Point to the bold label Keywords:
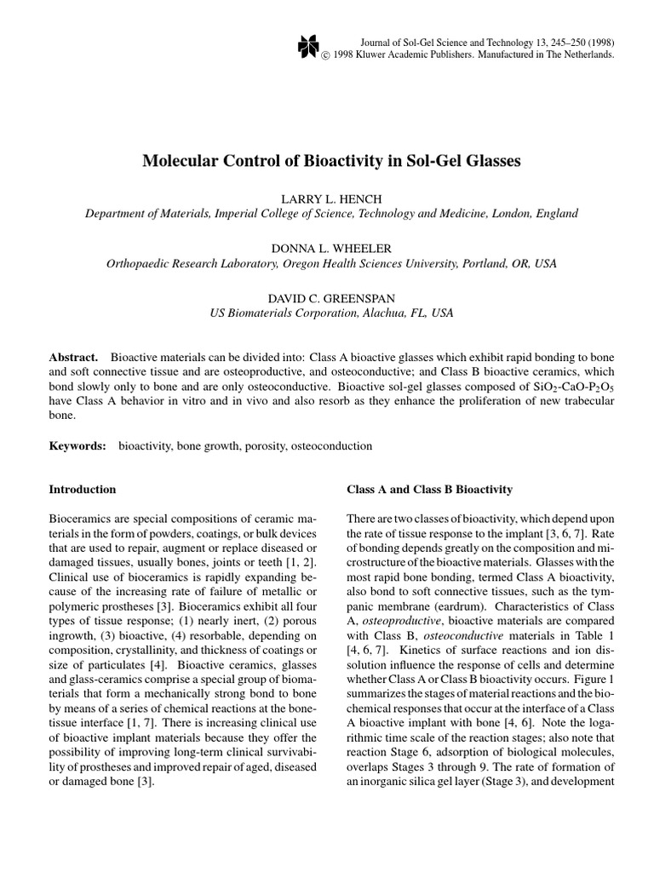coord(77,445)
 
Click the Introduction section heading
coord(83,490)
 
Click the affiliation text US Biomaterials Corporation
coord(282,313)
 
